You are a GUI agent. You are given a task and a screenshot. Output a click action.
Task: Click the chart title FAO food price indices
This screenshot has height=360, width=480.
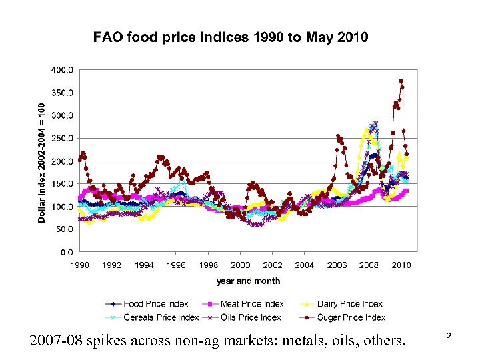pos(230,37)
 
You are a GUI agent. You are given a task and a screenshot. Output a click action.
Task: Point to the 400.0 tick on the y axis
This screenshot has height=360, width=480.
pos(64,69)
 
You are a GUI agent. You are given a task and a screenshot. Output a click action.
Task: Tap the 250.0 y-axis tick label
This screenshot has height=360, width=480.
pos(64,138)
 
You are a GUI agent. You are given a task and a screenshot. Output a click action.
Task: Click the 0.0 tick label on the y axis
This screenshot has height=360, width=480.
pos(68,253)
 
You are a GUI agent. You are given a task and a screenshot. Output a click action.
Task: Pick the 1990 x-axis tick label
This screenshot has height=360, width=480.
pos(80,265)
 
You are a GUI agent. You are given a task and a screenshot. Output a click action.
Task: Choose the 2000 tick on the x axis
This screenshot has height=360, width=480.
pos(241,265)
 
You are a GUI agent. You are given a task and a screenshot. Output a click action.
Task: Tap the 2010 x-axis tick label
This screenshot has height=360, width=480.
pos(401,265)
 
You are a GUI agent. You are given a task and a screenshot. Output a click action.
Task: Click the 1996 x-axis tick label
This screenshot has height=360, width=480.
pos(176,265)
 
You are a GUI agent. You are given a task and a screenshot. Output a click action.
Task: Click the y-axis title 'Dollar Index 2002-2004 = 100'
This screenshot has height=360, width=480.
pos(41,163)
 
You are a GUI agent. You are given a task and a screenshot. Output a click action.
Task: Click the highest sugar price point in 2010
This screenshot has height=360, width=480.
pos(401,81)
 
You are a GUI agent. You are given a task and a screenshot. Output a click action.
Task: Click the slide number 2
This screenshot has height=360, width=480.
pos(449,337)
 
